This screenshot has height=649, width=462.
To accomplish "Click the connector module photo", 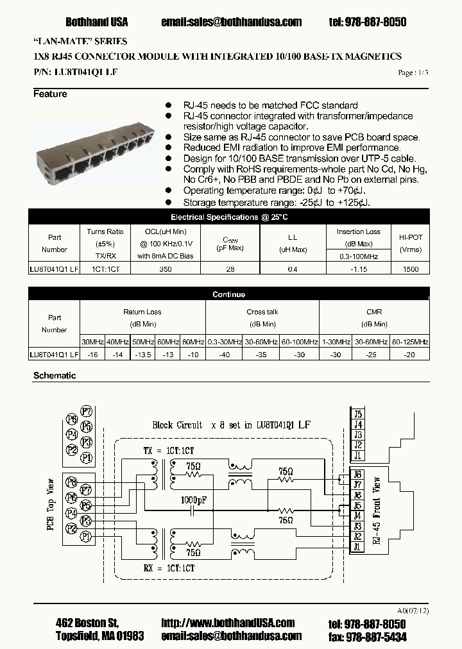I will (95, 153).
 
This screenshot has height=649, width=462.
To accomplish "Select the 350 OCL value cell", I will (165, 270).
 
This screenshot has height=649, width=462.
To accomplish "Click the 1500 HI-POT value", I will (411, 270).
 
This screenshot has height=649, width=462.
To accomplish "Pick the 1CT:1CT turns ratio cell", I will (105, 270).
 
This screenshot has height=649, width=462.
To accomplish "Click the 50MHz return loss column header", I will (142, 342).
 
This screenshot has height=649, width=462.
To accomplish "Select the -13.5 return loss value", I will (142, 354).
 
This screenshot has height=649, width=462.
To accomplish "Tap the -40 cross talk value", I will (224, 354).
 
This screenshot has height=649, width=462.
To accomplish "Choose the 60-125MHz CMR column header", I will (410, 342).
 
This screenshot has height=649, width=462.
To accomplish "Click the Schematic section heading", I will (55, 376).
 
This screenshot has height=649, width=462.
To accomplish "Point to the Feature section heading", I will (50, 94).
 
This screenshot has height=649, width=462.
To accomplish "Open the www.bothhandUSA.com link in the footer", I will (228, 623).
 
